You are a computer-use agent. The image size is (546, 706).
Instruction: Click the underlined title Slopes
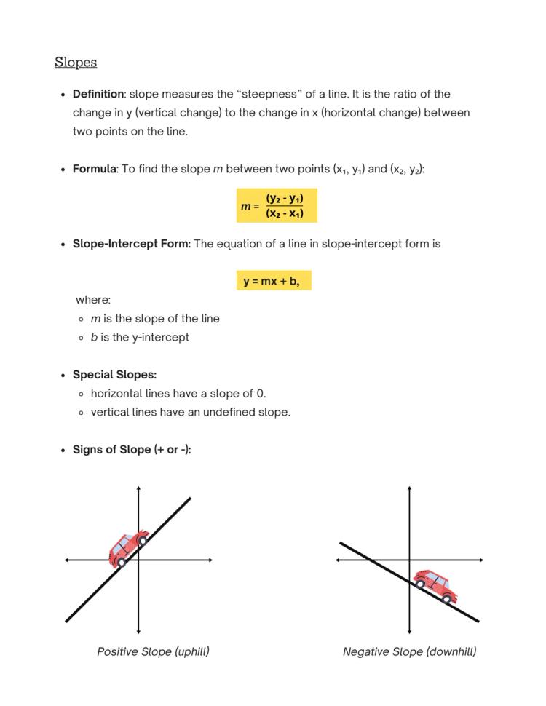pos(76,63)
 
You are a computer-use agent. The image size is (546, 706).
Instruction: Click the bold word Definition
pos(98,94)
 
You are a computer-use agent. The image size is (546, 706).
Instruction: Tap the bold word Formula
pos(94,169)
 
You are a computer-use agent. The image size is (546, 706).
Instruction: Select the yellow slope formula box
pos(277,206)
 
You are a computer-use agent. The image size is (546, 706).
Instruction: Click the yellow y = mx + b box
pos(273,281)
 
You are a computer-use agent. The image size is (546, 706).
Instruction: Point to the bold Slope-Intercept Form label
pos(131,244)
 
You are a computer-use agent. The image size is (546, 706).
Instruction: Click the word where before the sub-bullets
pos(93,300)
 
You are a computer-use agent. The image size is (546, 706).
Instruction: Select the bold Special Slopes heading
pos(114,375)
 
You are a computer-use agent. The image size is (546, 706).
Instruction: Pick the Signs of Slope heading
pos(131,450)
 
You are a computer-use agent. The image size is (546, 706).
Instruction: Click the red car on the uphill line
pos(128,548)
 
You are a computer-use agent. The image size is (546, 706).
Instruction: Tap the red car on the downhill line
pos(435,584)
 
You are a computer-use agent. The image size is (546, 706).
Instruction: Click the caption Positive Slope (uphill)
pos(153,651)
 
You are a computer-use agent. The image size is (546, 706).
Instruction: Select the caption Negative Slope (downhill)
pos(409,651)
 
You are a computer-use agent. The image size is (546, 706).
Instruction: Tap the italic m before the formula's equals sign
pos(245,207)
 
